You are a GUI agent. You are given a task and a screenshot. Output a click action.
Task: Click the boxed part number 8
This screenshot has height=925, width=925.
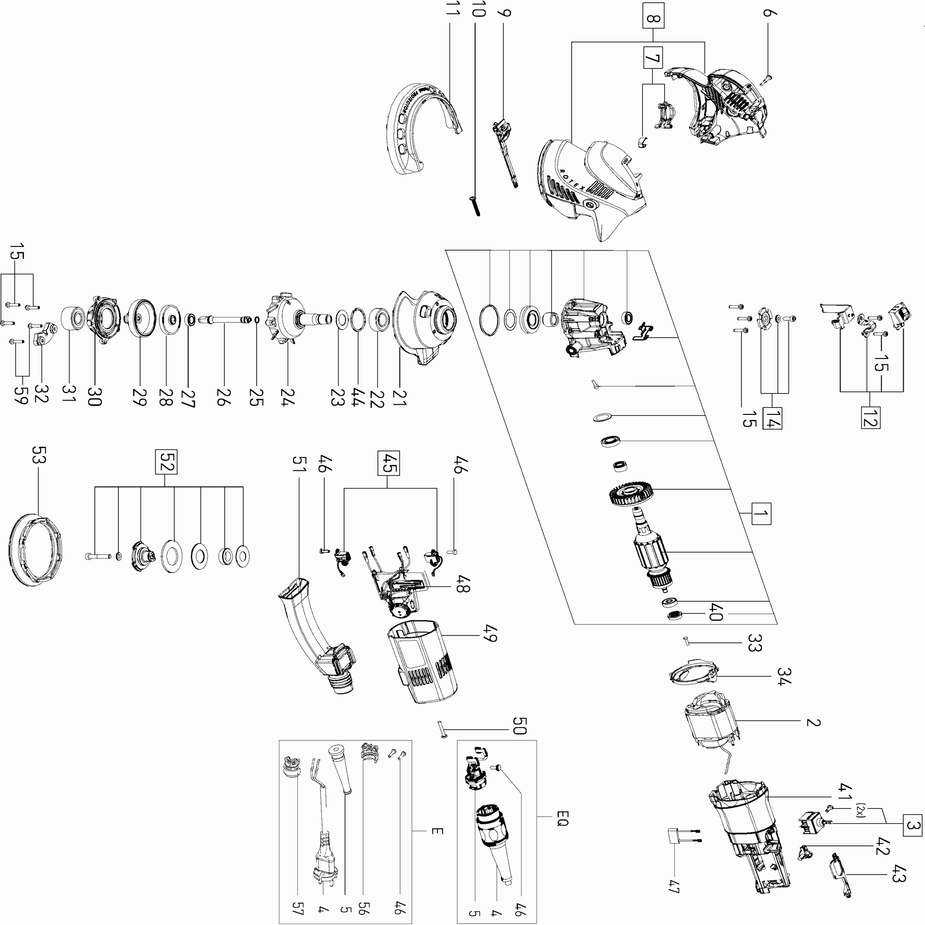click(654, 19)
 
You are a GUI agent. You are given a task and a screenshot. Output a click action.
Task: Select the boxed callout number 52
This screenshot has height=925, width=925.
click(166, 462)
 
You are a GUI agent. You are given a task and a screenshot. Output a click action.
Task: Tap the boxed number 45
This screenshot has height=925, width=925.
click(388, 463)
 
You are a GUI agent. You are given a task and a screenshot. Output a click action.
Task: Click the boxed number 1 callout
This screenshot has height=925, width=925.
click(761, 514)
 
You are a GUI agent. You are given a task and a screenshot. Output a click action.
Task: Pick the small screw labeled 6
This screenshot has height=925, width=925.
click(767, 79)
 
